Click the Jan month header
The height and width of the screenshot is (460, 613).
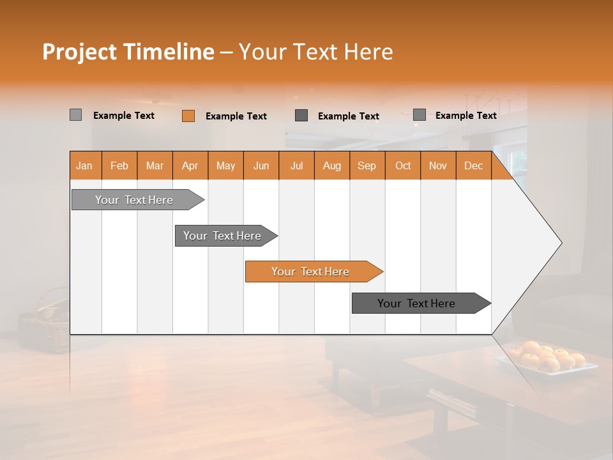pyautogui.click(x=85, y=165)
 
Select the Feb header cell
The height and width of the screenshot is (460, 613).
pyautogui.click(x=119, y=165)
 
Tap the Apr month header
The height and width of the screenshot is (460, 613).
pyautogui.click(x=190, y=165)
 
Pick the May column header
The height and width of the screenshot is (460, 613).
pyautogui.click(x=225, y=165)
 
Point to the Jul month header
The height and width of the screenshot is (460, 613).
pyautogui.click(x=296, y=165)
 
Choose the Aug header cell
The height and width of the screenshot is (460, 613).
pyautogui.click(x=332, y=165)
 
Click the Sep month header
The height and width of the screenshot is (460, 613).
pyautogui.click(x=367, y=165)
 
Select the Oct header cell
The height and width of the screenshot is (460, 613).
pyautogui.click(x=403, y=165)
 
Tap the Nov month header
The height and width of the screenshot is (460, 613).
pyautogui.click(x=438, y=165)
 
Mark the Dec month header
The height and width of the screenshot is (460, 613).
pyautogui.click(x=474, y=165)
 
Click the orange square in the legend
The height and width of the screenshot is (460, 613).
pyautogui.click(x=188, y=116)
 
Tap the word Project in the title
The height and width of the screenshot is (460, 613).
pyautogui.click(x=79, y=52)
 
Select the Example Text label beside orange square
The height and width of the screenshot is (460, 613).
pyautogui.click(x=236, y=116)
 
